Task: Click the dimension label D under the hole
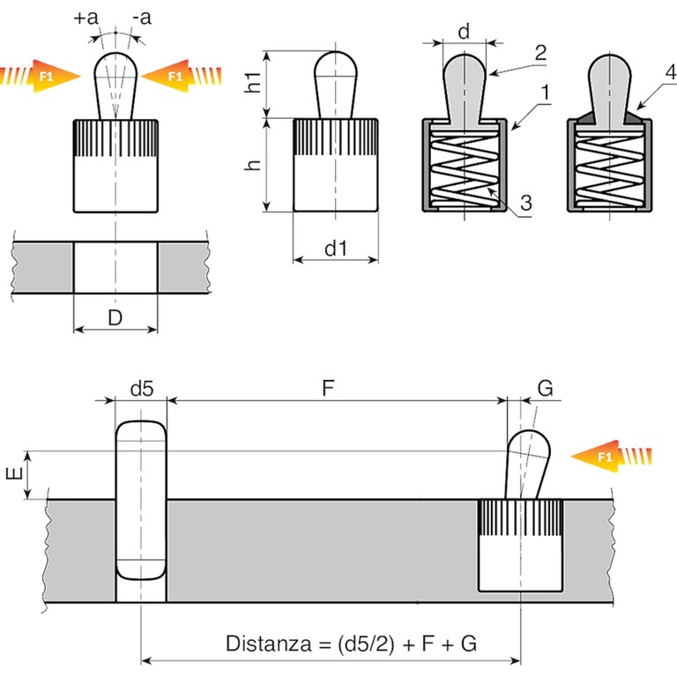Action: (115, 317)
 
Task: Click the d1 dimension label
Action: (335, 249)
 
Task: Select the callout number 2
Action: (540, 51)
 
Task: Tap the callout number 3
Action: (525, 204)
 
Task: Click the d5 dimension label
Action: (141, 388)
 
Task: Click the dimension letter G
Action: (546, 389)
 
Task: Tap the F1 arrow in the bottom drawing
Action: (613, 456)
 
